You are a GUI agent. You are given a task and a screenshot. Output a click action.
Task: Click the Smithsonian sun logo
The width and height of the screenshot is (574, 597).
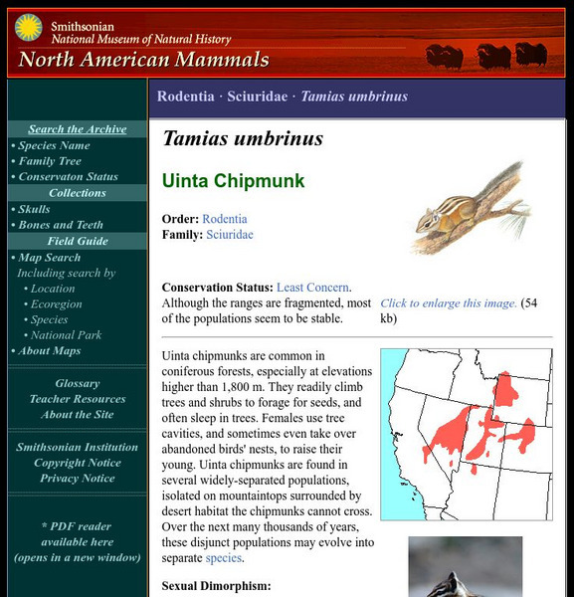[x=28, y=28]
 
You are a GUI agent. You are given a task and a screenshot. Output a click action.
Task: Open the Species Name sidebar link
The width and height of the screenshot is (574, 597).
[x=54, y=145]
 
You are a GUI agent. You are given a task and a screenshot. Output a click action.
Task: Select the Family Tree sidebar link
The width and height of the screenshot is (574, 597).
[x=50, y=161]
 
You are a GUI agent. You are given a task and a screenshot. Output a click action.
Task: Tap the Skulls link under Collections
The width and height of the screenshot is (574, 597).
[x=35, y=209]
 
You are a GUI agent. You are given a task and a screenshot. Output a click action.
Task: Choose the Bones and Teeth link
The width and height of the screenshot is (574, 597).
[x=61, y=225]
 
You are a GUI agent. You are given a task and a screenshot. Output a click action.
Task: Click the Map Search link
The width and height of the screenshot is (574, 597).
[x=49, y=258]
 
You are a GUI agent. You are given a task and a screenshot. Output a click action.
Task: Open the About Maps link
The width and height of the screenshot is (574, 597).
[x=49, y=350]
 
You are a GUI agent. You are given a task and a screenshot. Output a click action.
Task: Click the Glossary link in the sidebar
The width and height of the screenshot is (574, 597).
[x=77, y=383]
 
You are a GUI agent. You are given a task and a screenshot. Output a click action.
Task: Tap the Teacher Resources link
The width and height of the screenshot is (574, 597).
[x=77, y=399]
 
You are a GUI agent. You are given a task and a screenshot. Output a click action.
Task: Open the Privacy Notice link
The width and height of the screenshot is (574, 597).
[x=77, y=479]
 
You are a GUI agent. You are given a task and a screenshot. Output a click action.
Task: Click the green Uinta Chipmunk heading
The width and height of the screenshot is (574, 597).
[x=234, y=181]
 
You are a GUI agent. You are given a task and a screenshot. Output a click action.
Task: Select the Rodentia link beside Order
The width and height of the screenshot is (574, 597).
[x=225, y=219]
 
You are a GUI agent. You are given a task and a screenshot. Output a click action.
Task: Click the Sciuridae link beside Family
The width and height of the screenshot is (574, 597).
[x=230, y=235]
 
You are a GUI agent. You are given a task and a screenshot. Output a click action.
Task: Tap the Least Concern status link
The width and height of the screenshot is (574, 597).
[x=313, y=288]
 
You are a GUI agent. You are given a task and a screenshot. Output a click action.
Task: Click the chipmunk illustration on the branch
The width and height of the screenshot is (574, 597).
[x=468, y=207]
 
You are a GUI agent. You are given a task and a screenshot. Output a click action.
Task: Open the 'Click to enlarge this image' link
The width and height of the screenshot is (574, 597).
[x=449, y=303]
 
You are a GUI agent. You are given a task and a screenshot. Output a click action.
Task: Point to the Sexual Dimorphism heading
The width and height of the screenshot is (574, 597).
[x=216, y=586]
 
